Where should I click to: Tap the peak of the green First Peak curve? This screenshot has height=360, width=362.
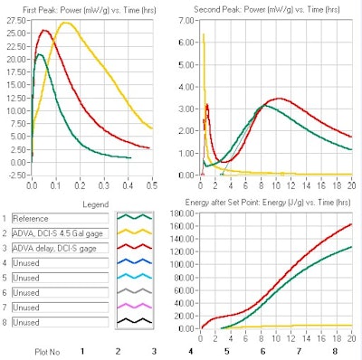tap(38, 54)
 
